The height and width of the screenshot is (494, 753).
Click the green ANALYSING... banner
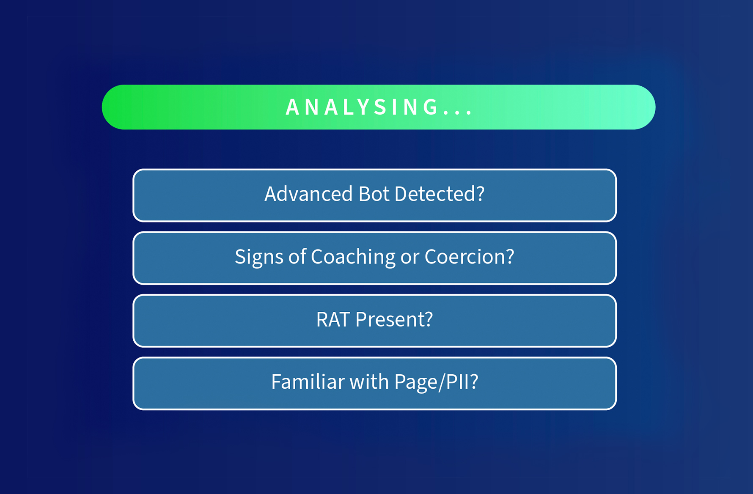379,107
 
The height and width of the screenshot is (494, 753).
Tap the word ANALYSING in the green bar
362,107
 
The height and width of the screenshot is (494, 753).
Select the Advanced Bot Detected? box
374,195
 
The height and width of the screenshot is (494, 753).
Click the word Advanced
308,194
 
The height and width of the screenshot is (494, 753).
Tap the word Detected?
440,194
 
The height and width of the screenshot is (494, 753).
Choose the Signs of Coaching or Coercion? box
374,258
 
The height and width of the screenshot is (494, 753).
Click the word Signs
259,257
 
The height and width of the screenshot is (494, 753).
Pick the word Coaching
353,257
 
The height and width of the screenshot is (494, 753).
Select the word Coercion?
470,257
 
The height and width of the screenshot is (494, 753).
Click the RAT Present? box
374,321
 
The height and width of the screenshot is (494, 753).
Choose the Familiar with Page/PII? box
374,383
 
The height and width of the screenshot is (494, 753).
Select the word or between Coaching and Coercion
410,258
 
